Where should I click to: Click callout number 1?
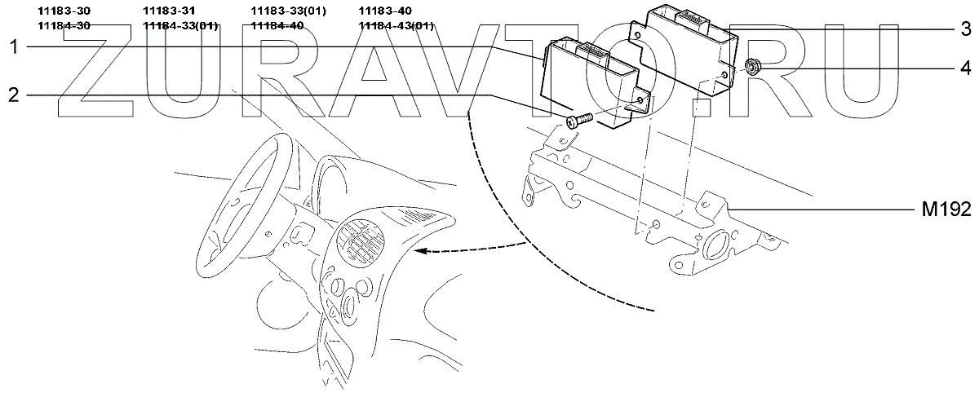(13, 47)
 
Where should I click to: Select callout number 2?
(13, 95)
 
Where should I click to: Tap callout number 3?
(964, 30)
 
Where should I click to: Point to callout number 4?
(964, 66)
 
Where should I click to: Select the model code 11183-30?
(64, 11)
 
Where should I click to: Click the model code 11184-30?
(64, 26)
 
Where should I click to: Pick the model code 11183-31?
(169, 11)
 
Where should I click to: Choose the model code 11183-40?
(385, 11)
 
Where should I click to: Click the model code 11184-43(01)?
(396, 26)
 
